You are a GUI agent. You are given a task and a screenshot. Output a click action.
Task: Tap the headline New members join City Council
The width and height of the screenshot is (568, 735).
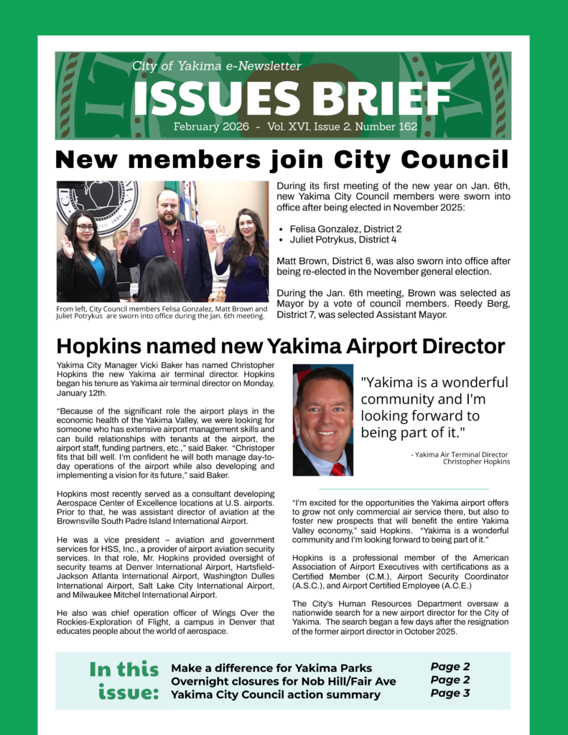[x=282, y=159]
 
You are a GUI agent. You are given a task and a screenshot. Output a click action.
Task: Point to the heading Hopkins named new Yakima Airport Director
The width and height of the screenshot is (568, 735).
[x=280, y=347]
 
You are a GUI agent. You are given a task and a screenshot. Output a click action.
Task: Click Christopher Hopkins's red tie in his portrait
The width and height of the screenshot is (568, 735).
[x=337, y=468]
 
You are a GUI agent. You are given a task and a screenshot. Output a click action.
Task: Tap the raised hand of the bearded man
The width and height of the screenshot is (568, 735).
[x=134, y=231]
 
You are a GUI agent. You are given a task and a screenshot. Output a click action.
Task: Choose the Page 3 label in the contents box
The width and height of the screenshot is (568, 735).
[x=450, y=693]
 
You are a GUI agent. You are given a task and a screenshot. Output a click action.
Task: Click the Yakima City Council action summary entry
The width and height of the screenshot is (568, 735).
[x=276, y=694]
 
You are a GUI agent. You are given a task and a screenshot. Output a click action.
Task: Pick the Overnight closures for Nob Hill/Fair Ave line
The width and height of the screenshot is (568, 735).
[x=283, y=680]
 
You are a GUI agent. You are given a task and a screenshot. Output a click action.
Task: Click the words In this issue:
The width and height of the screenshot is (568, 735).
[x=124, y=680]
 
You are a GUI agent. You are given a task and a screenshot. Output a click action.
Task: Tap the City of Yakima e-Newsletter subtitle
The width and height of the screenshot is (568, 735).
[x=217, y=66]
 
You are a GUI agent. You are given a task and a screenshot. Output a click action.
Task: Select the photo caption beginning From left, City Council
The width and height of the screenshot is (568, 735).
[x=160, y=312]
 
